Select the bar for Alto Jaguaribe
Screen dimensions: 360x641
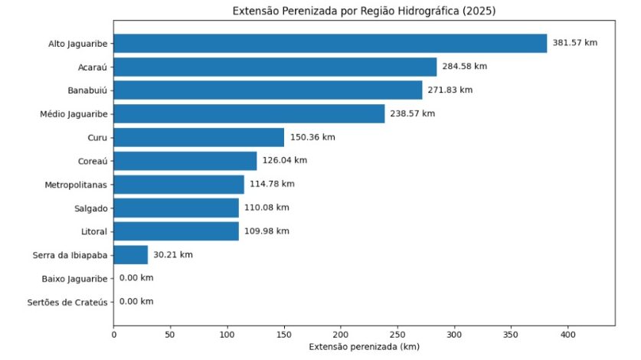point(330,44)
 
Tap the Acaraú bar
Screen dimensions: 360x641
point(275,67)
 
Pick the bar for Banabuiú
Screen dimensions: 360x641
point(268,90)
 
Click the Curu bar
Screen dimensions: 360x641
point(199,137)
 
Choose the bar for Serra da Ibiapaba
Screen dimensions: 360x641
point(131,254)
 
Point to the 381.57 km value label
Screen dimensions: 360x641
point(574,43)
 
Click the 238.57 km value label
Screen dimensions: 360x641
point(413,113)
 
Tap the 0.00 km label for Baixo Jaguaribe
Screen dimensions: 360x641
point(136,278)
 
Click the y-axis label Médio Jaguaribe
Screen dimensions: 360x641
point(74,114)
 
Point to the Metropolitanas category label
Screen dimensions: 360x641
point(74,185)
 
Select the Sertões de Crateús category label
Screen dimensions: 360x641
point(71,302)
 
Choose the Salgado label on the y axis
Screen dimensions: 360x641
point(91,208)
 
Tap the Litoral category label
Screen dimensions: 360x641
point(93,231)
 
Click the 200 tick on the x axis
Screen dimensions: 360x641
point(341,335)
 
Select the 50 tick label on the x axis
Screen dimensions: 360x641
point(171,335)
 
